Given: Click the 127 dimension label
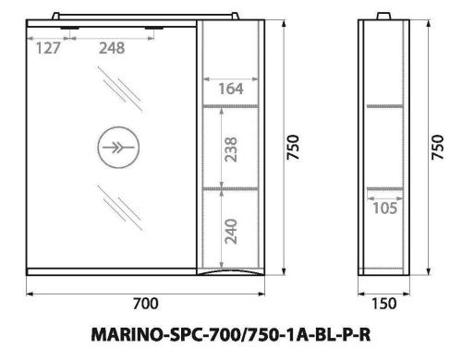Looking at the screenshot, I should pyautogui.click(x=49, y=49).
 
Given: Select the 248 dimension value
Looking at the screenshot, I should pyautogui.click(x=113, y=49).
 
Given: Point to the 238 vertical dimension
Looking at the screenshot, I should pyautogui.click(x=232, y=148).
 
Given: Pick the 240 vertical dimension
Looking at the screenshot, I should pyautogui.click(x=232, y=230).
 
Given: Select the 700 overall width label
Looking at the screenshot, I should pyautogui.click(x=146, y=304).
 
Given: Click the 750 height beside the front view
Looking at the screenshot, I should pyautogui.click(x=294, y=145).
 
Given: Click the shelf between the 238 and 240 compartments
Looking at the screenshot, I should pyautogui.click(x=231, y=187).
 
